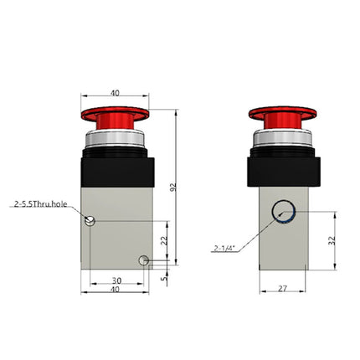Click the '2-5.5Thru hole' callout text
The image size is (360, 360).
[x=41, y=203]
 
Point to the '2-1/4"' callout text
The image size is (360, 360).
[x=225, y=247]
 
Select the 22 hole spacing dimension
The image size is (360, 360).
[x=165, y=241]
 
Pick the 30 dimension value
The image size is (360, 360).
[x=116, y=280]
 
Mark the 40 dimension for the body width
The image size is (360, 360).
[x=116, y=290]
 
